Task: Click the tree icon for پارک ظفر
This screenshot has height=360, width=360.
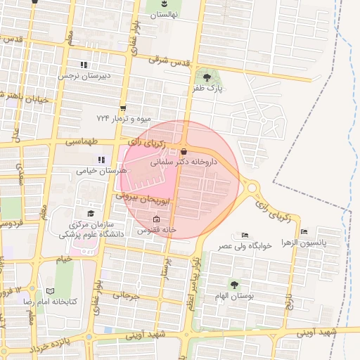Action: coord(207,77)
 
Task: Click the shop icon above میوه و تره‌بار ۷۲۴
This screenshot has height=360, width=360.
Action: coord(123,108)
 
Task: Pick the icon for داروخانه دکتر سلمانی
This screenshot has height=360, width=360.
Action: coord(184,151)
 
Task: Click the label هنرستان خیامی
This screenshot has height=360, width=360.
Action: coord(103,170)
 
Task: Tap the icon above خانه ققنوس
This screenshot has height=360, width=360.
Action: coord(156,219)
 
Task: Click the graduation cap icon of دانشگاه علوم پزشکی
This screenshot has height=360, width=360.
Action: coord(89,212)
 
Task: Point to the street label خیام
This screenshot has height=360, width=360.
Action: coord(65,259)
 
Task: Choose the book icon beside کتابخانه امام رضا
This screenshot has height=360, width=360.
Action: coord(49,290)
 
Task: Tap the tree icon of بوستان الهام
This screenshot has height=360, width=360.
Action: coord(234,284)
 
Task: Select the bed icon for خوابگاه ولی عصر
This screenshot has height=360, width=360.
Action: coord(245,235)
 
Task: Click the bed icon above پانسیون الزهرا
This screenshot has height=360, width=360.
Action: coord(304,231)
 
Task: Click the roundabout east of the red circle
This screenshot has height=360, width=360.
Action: coord(251,188)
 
